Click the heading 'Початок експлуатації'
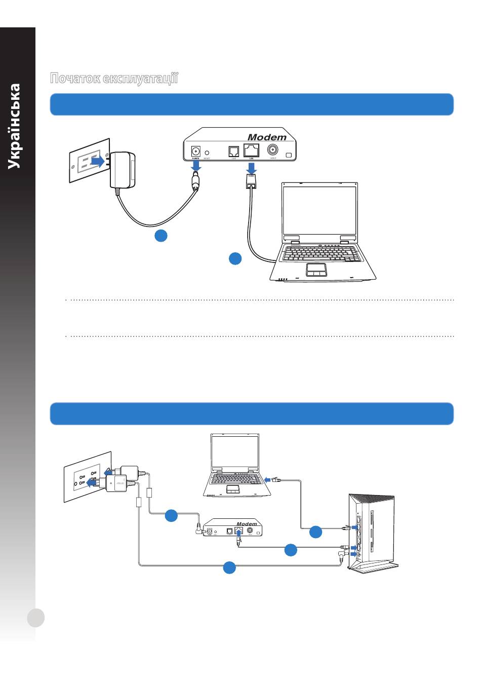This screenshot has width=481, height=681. coord(114,79)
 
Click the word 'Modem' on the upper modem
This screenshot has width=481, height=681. coord(267,137)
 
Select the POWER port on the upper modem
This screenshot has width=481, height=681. coord(195,150)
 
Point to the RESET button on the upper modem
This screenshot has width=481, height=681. coord(207,152)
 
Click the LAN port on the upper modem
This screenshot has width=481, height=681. coord(251,150)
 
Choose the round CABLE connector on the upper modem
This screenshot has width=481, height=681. coord(272,150)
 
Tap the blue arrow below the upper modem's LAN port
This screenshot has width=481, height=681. coord(252,167)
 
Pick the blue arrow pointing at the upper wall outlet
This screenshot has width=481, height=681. coord(97,161)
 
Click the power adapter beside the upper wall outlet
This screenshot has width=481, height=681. coord(122,169)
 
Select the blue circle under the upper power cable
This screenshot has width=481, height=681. coord(161,235)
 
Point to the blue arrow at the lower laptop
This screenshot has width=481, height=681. coord(267,479)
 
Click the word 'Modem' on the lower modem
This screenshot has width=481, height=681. coord(247,524)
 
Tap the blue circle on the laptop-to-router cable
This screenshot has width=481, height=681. coord(315,532)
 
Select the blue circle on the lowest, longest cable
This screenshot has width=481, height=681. coord(229,567)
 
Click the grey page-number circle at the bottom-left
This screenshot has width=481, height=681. coord(36,618)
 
